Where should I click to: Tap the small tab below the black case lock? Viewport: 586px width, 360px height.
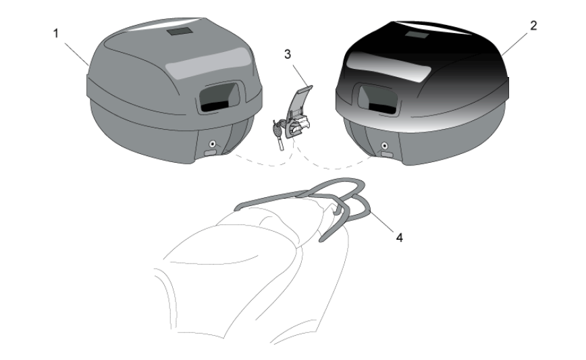(x=387, y=155)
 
